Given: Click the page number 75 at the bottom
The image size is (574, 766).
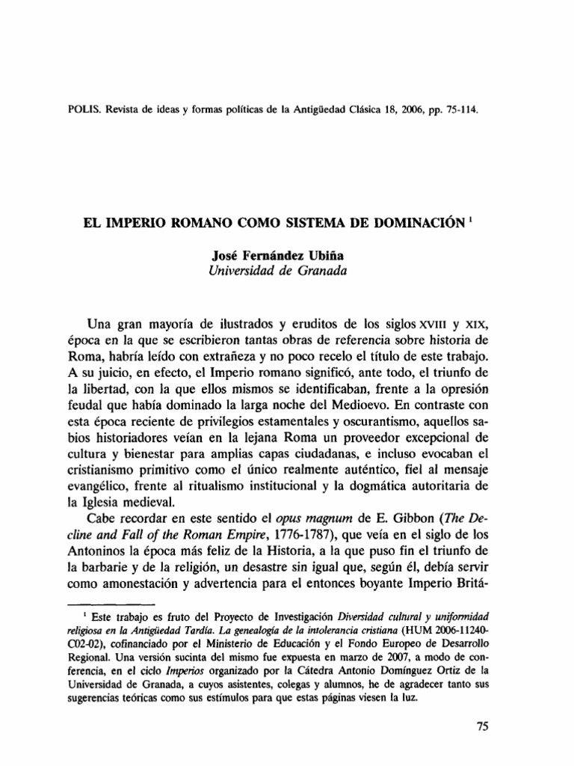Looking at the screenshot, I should click(x=485, y=726).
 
